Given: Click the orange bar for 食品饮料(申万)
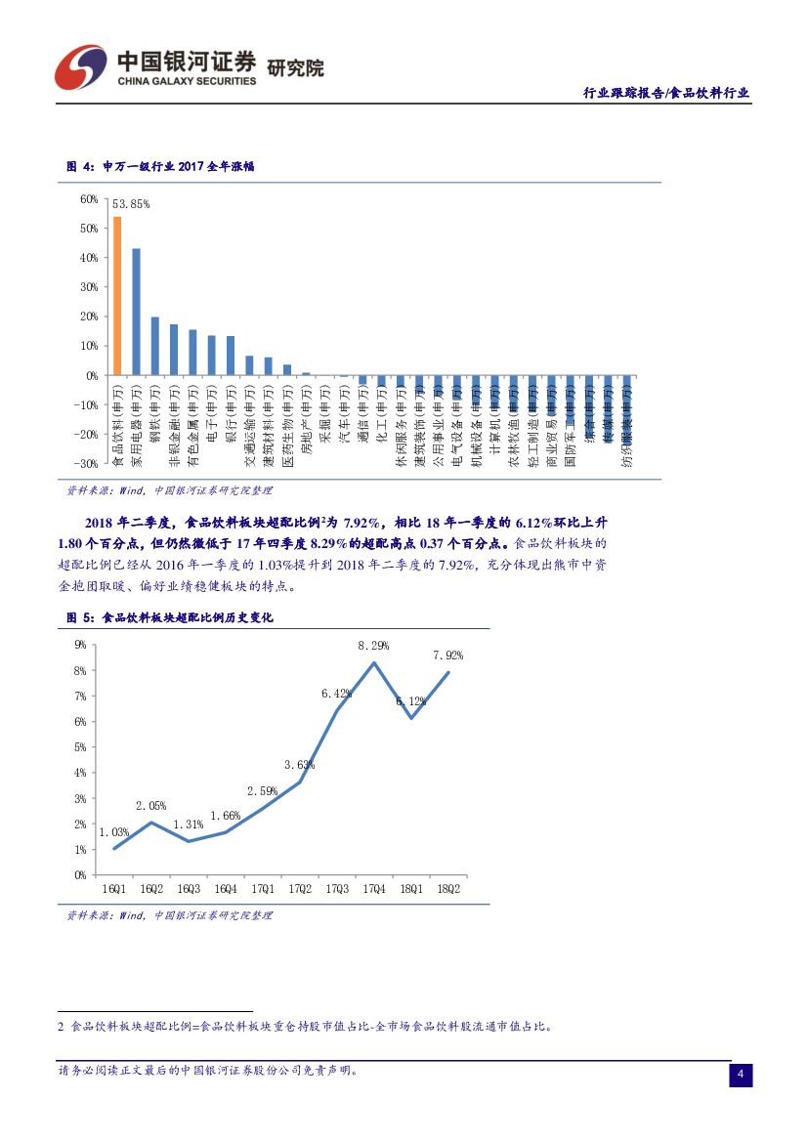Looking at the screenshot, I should (x=117, y=295).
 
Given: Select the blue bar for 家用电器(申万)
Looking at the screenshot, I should (x=136, y=311).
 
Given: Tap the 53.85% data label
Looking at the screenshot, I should (x=131, y=204).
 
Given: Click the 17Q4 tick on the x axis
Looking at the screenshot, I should (x=373, y=888).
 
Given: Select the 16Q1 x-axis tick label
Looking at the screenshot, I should (x=114, y=888).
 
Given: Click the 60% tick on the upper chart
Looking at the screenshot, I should (x=88, y=199).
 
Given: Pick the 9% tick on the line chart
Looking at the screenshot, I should (x=80, y=645).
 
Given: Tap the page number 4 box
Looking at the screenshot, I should (x=741, y=1076).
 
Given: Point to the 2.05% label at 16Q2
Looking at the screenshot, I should (x=150, y=806).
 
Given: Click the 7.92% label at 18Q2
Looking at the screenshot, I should (x=447, y=656).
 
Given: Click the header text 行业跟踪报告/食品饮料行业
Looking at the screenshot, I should (x=666, y=93).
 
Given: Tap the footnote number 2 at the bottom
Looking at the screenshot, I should (x=61, y=1027).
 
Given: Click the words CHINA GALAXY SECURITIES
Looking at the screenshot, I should (x=186, y=82).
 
